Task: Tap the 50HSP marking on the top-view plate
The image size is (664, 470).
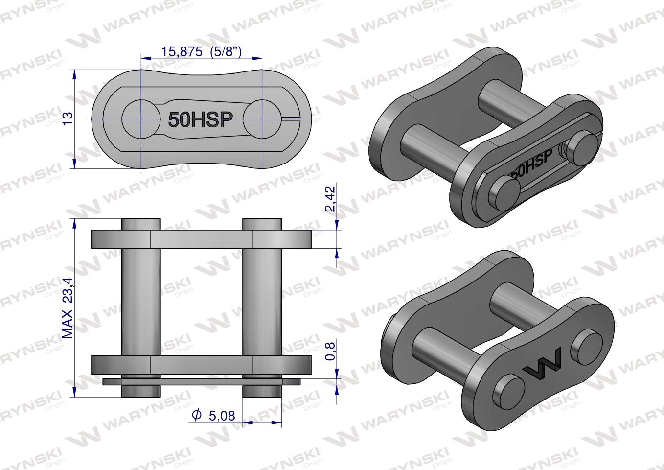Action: click(x=200, y=119)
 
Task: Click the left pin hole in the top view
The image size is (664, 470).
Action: click(x=141, y=119)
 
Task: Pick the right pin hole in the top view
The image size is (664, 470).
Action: click(x=262, y=119)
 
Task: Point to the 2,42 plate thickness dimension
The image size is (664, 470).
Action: click(x=331, y=198)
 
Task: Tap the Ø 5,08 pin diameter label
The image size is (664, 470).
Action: click(x=215, y=416)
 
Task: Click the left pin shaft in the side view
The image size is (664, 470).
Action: click(x=141, y=304)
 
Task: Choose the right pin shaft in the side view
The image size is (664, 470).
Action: click(x=262, y=304)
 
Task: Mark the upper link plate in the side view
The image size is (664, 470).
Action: click(x=202, y=238)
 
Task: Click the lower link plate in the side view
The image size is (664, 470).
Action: click(x=202, y=365)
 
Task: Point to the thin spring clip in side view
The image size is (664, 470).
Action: click(x=202, y=381)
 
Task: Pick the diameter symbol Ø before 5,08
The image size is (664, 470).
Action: click(x=197, y=416)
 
